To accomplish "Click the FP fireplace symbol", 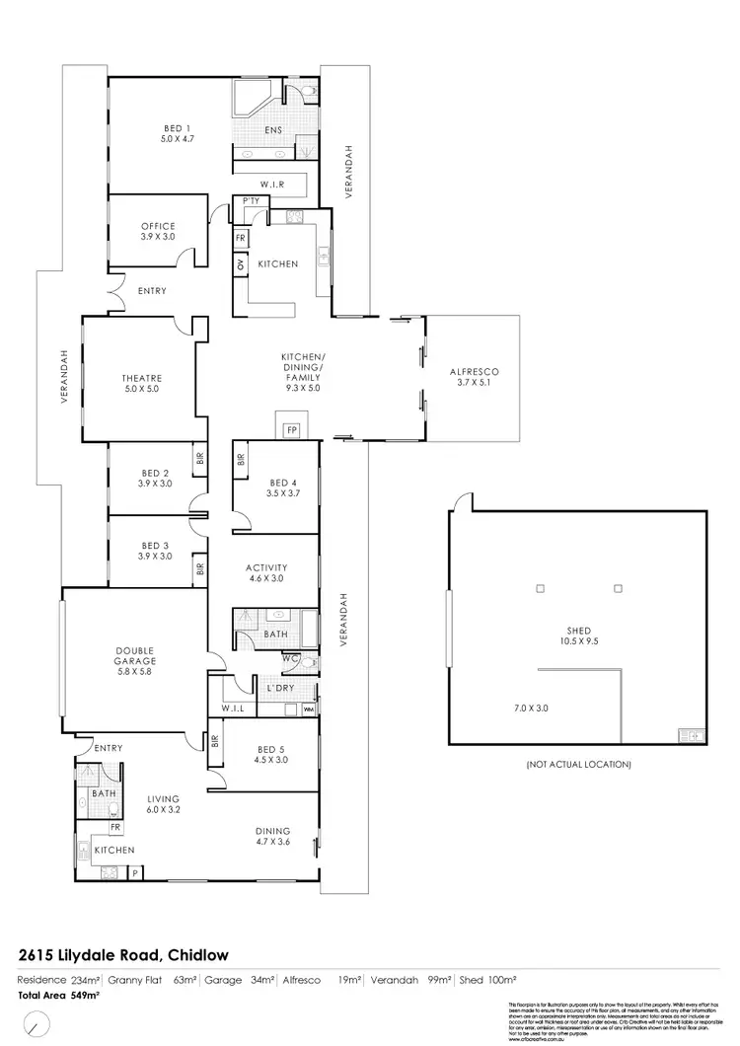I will pos(291,430).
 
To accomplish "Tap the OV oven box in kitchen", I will pos(240,264).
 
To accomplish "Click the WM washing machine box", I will pos(309,710).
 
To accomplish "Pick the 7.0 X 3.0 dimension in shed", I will pos(532,709).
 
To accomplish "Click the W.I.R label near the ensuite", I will pos(273,185).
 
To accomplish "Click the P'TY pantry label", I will pos(250,201).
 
